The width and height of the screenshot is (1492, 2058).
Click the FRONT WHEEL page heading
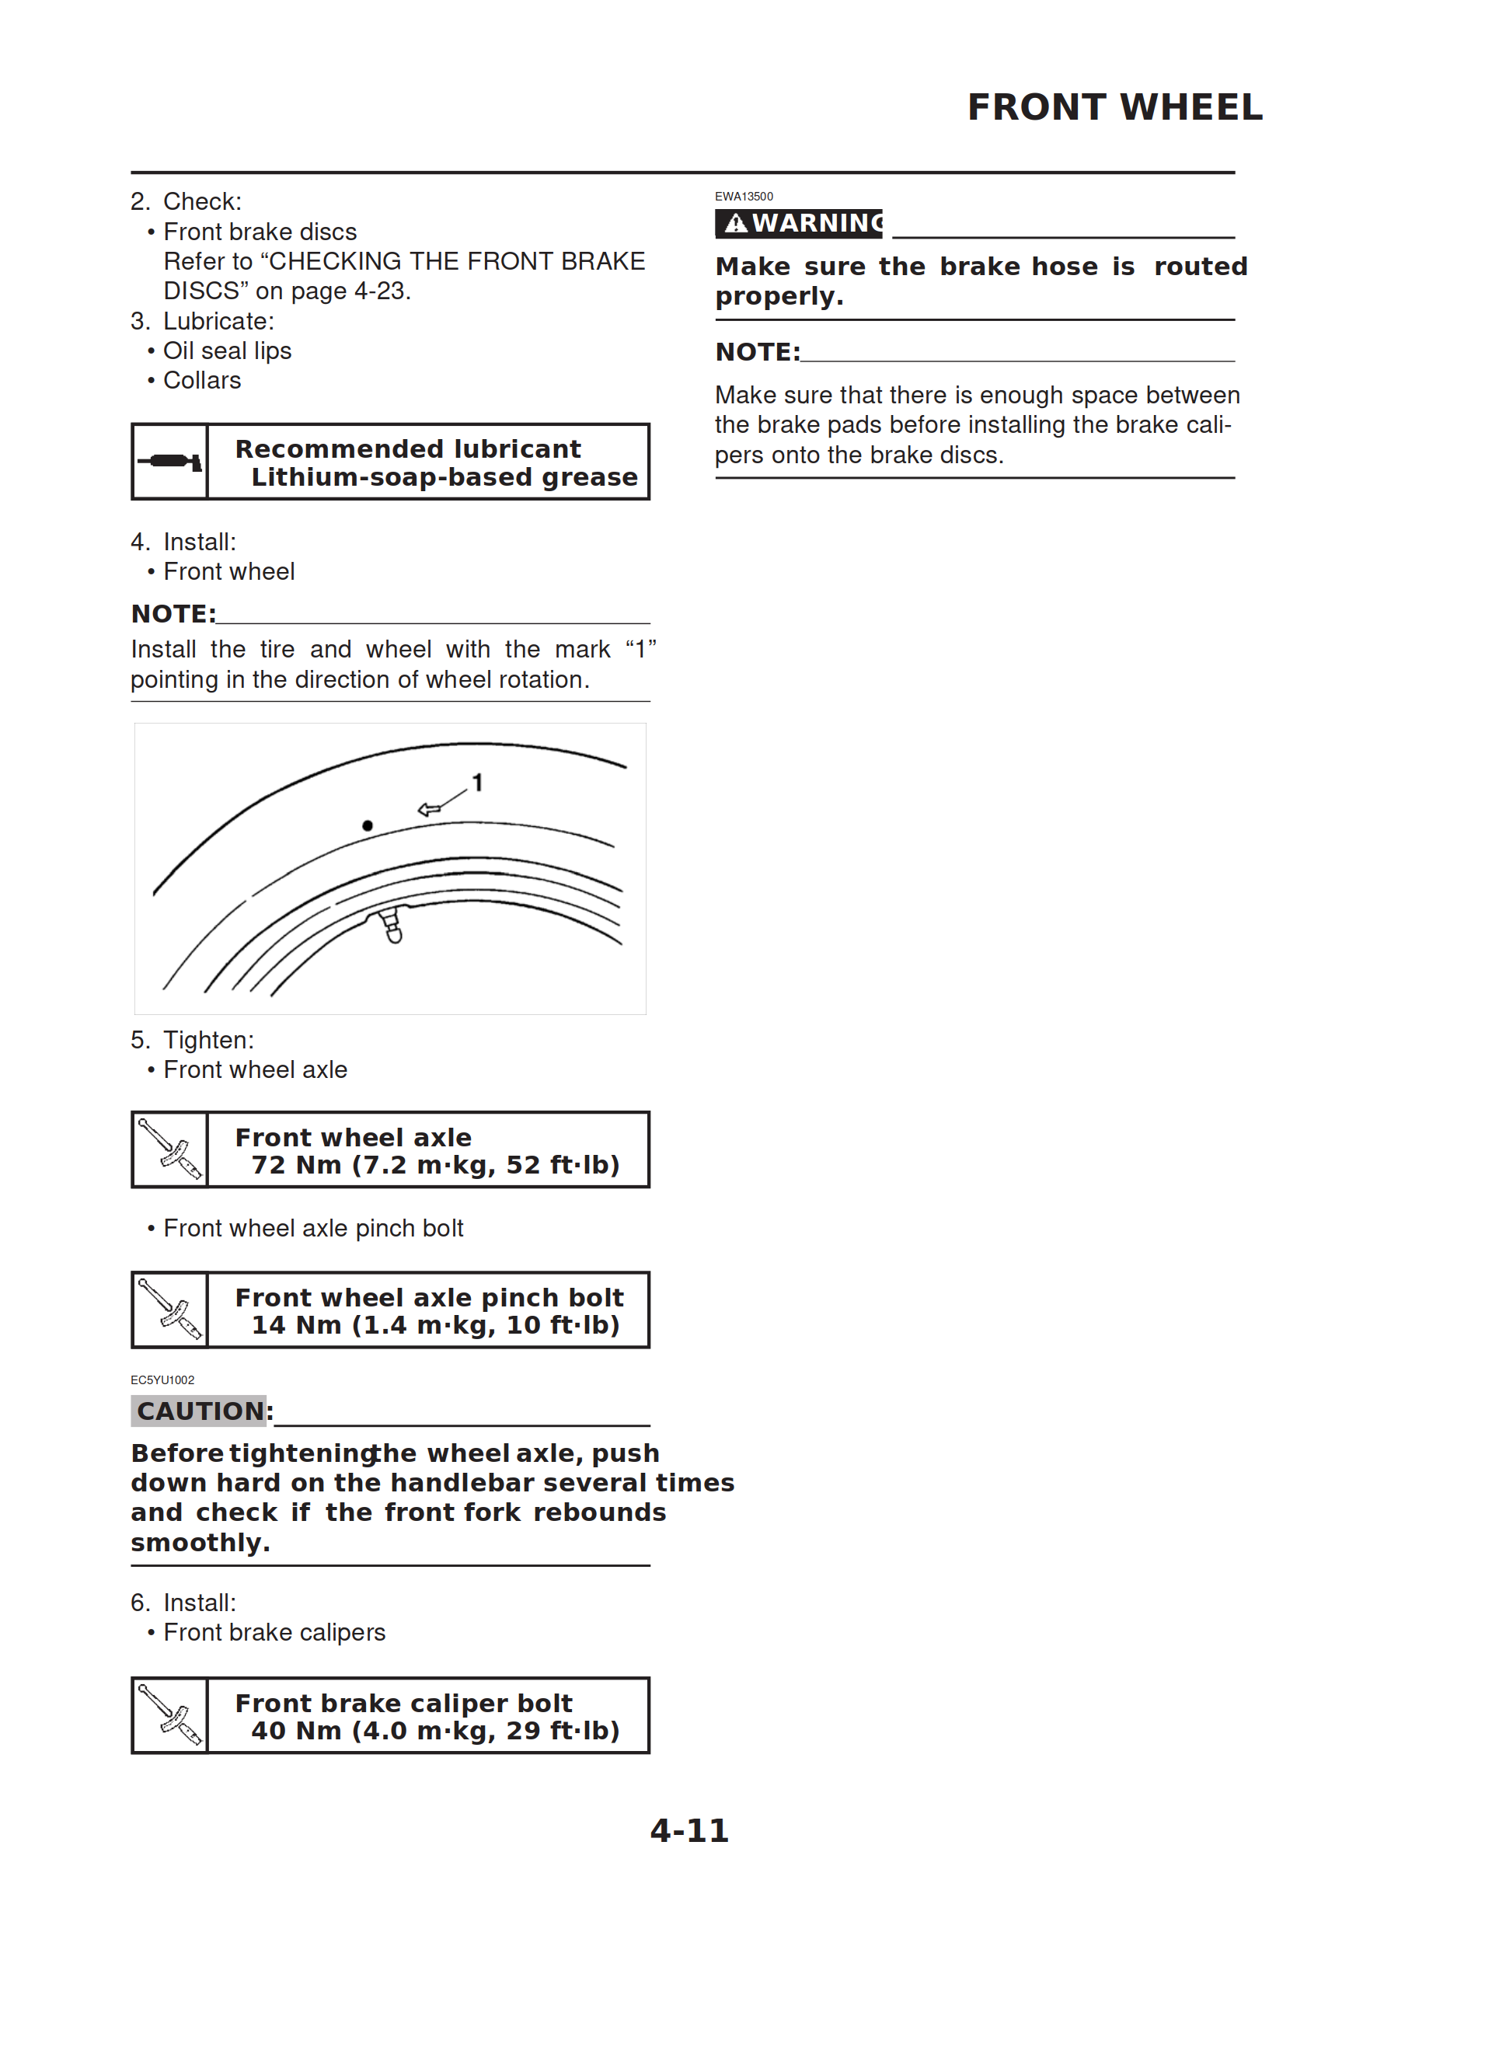click(1114, 107)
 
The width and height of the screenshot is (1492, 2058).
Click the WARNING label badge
click(798, 223)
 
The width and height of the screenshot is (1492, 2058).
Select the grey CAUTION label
click(200, 1410)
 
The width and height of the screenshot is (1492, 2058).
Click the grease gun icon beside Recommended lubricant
click(169, 462)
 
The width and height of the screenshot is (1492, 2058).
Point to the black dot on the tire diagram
click(367, 825)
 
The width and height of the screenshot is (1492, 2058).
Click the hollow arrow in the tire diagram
click(429, 808)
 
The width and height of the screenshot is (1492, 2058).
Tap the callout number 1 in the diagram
click(477, 782)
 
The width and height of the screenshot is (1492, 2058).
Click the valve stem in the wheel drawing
click(391, 925)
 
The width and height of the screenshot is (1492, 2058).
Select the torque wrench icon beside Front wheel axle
click(169, 1149)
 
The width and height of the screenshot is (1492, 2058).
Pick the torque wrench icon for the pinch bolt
click(169, 1310)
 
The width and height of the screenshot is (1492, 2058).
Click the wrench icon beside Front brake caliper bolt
click(169, 1715)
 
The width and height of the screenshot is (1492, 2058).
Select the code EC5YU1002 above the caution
click(162, 1380)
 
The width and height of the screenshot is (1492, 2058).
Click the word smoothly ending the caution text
click(200, 1542)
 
